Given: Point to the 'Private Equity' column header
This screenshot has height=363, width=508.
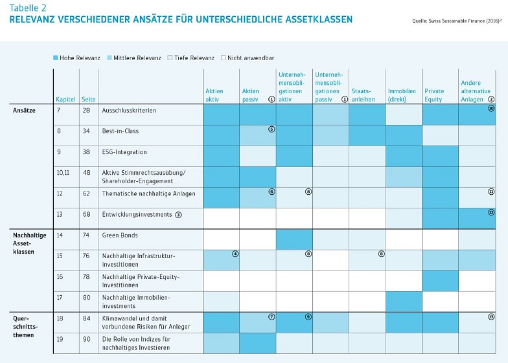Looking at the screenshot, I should point(434,95).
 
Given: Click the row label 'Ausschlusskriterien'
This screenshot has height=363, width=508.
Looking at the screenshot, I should point(129,111).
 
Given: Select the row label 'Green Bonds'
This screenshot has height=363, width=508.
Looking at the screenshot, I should point(120,236).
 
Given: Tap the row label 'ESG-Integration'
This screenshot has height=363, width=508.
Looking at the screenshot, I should point(124,152).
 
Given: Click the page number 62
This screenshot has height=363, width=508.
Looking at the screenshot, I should point(87,193).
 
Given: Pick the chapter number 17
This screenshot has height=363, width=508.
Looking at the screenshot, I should point(60,298).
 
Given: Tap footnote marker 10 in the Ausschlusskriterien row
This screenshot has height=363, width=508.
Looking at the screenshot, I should point(491,109).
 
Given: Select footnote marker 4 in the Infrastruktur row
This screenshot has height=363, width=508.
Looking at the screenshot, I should point(235,254).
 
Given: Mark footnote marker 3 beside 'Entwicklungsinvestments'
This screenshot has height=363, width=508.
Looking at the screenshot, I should point(178,214).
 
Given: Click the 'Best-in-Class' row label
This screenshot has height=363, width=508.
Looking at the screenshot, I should point(121,131).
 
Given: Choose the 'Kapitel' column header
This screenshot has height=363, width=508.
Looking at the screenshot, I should point(65,99).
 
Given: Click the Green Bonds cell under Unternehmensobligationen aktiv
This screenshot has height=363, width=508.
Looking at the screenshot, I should point(294,239).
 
